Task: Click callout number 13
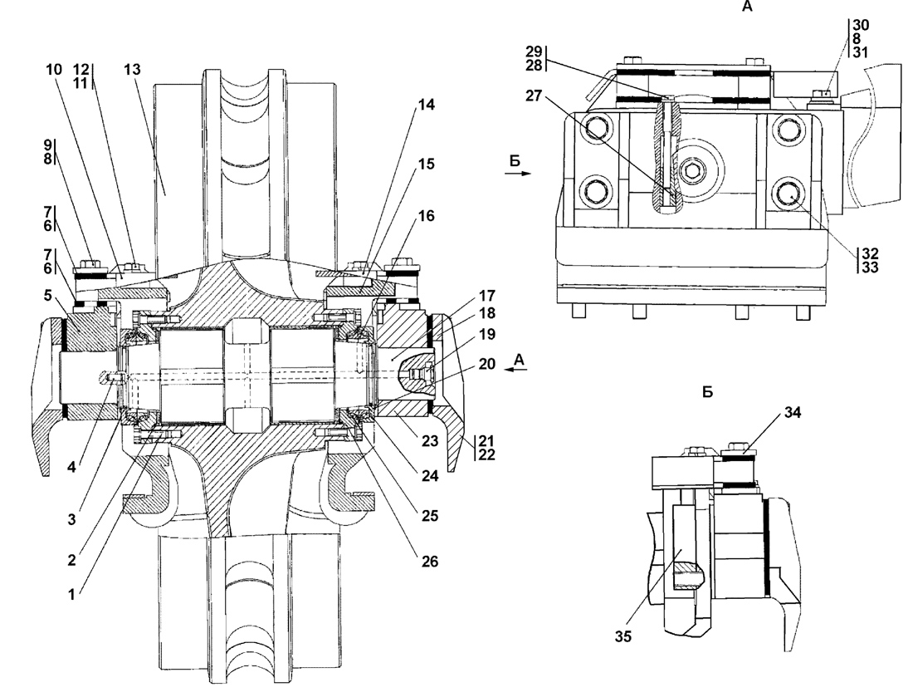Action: (132, 69)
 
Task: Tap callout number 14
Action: (427, 105)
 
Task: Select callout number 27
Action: (534, 95)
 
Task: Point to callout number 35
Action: (623, 636)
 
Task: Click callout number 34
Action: (793, 413)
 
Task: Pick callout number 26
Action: (430, 562)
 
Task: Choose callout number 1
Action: (71, 595)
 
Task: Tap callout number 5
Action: (48, 296)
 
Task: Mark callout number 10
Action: (54, 70)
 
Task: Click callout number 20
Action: (486, 364)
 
